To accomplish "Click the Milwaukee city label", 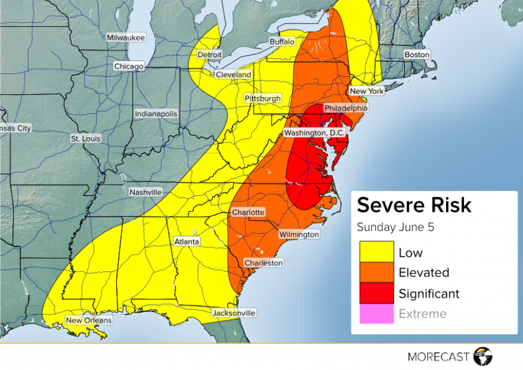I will pyautogui.click(x=126, y=38).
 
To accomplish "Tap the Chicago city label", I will pyautogui.click(x=129, y=66).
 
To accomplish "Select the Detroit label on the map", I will pyautogui.click(x=209, y=55).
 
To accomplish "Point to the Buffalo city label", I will pyautogui.click(x=282, y=41).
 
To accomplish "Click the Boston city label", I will pyautogui.click(x=417, y=55).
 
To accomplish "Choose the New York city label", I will pyautogui.click(x=366, y=91).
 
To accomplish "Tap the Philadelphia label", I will pyautogui.click(x=345, y=108).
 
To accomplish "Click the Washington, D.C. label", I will pyautogui.click(x=315, y=133).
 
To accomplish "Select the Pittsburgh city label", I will pyautogui.click(x=263, y=99).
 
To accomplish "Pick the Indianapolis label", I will pyautogui.click(x=156, y=114).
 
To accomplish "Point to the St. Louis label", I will pyautogui.click(x=86, y=139).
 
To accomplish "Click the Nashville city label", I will pyautogui.click(x=146, y=192).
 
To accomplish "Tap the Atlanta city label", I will pyautogui.click(x=186, y=242).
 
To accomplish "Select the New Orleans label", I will pyautogui.click(x=89, y=320).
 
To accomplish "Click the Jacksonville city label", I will pyautogui.click(x=234, y=313).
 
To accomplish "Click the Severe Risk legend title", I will pyautogui.click(x=414, y=205).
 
